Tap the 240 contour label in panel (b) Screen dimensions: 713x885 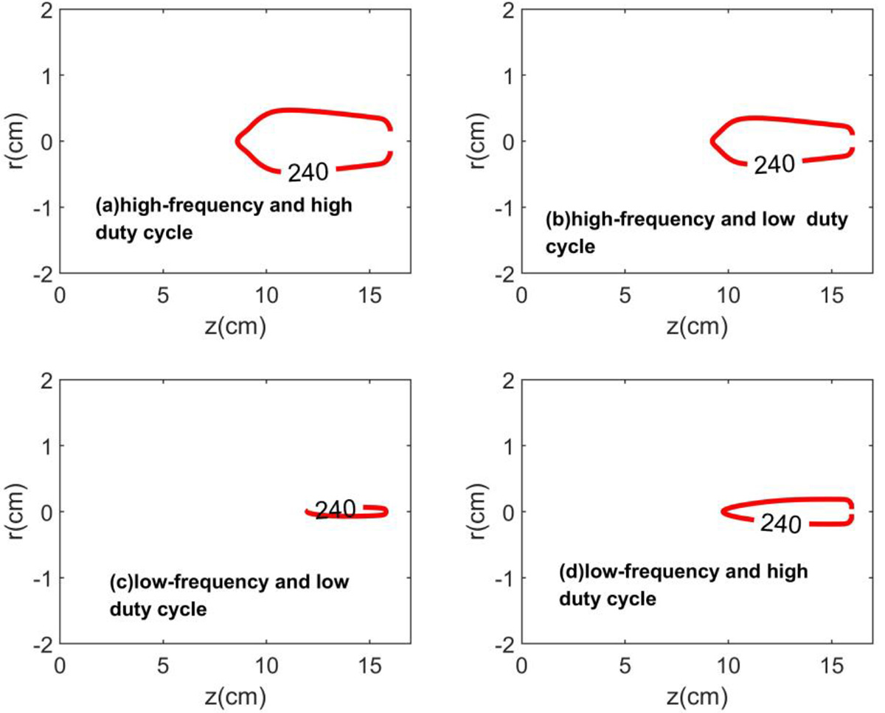[x=774, y=164]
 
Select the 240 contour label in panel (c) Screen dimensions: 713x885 [x=336, y=509]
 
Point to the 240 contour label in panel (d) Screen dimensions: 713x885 [x=780, y=524]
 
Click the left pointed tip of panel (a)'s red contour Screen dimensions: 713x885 [x=237, y=140]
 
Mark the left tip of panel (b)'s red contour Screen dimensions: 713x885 [x=712, y=140]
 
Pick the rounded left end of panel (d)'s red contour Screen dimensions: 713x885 [x=722, y=511]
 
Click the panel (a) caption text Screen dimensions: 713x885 [x=223, y=218]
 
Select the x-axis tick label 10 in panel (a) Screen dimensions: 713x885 [x=266, y=296]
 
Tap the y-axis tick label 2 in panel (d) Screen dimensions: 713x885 [x=509, y=380]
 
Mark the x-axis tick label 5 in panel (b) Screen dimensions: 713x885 [x=625, y=296]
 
